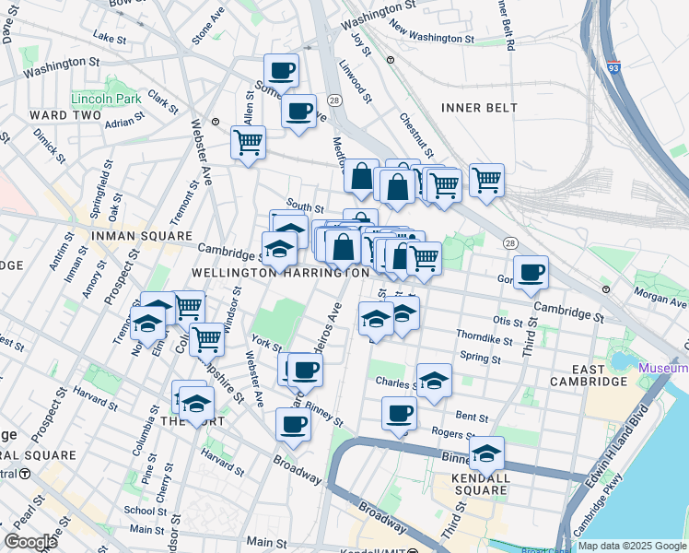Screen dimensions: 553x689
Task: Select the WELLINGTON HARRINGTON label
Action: (x=274, y=274)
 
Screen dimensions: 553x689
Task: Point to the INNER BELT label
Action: (x=479, y=108)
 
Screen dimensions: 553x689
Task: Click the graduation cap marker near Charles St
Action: (x=434, y=381)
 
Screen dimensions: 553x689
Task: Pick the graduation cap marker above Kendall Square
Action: (x=486, y=453)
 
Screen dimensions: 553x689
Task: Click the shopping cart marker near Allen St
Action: (x=248, y=143)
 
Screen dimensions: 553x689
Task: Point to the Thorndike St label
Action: (x=484, y=338)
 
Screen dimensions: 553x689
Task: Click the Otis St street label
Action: (x=508, y=321)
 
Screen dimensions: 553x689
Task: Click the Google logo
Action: (x=30, y=541)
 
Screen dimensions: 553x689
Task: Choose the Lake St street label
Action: (x=109, y=39)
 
